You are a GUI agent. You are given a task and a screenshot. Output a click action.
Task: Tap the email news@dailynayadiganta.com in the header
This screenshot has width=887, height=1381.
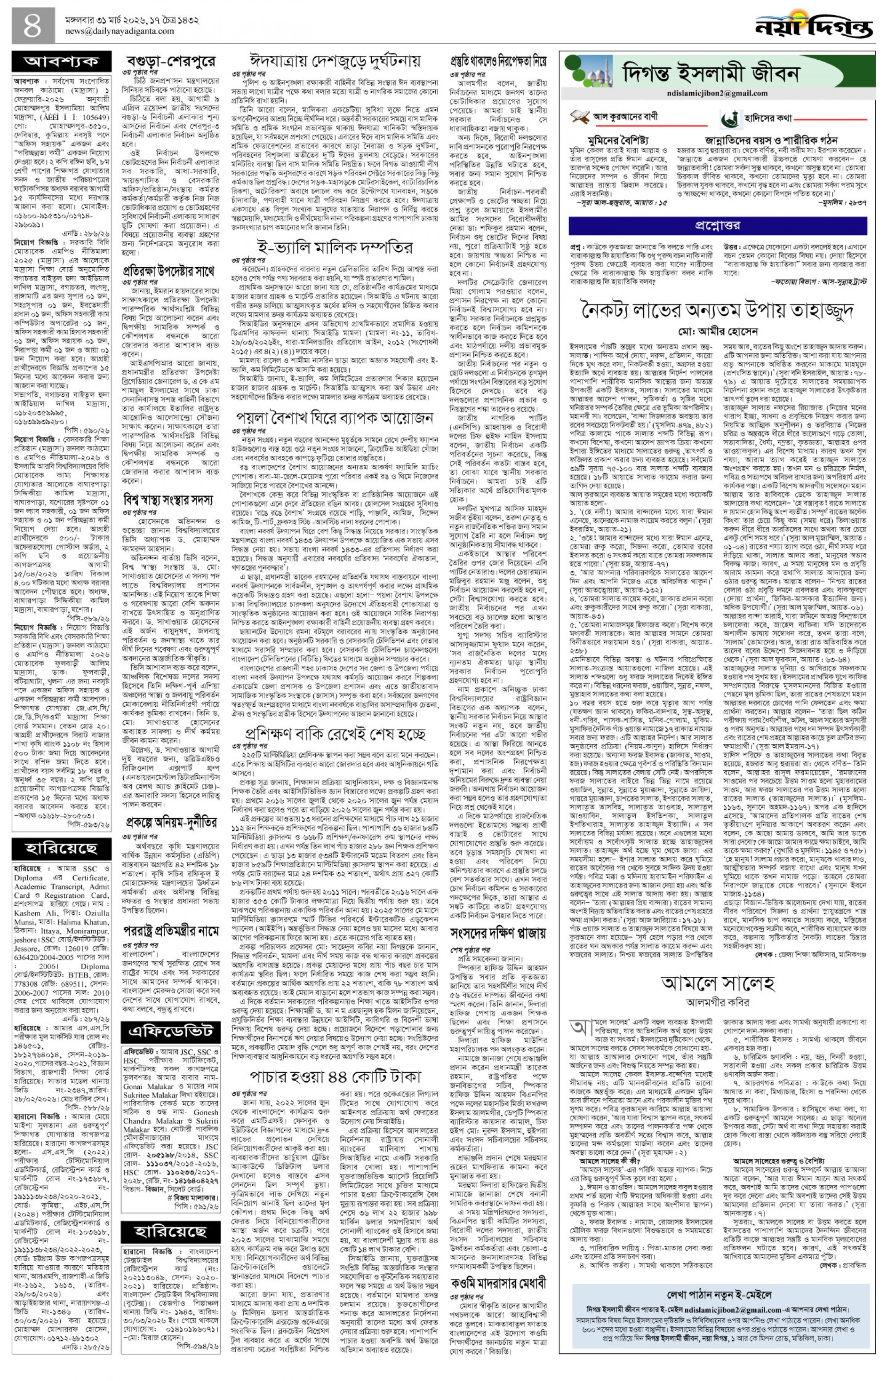119,32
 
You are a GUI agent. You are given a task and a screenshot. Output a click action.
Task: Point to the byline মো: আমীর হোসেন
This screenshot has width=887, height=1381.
718,331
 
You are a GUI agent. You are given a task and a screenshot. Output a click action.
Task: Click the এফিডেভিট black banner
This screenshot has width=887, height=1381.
170,1031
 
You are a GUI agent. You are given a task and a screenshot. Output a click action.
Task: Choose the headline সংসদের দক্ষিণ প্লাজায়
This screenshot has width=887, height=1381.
498,934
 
